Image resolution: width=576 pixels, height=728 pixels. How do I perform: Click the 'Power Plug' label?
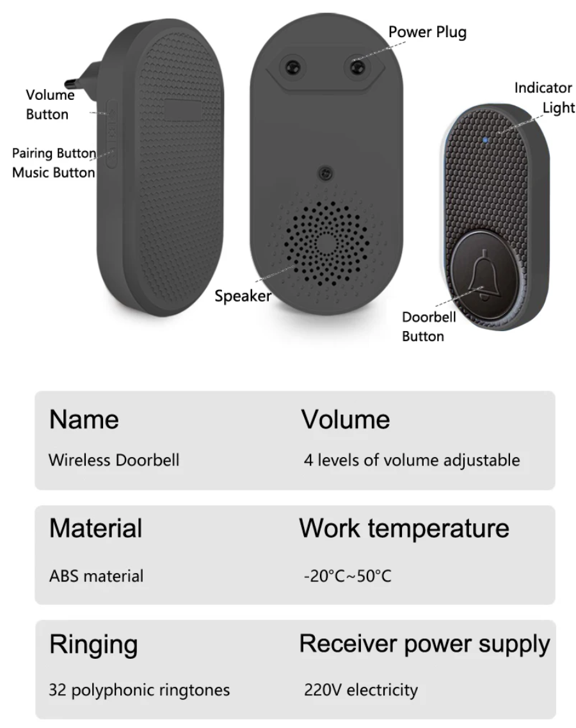[428, 32]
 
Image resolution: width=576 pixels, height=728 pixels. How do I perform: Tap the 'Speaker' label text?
[243, 296]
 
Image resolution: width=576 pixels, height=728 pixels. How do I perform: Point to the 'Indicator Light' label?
[544, 98]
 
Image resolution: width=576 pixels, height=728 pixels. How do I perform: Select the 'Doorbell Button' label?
[429, 326]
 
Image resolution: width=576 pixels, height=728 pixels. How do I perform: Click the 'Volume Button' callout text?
[49, 105]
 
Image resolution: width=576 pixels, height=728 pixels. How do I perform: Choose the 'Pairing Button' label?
[54, 154]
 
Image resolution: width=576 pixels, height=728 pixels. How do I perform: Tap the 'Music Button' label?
[54, 172]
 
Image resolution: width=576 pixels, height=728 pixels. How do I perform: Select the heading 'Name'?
[84, 419]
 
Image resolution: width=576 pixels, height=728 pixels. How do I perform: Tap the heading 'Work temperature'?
[404, 528]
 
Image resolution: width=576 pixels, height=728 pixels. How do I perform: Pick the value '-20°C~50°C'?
[348, 576]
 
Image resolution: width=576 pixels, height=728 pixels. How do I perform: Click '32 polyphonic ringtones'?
[140, 691]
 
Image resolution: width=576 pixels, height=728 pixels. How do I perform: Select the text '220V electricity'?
[361, 690]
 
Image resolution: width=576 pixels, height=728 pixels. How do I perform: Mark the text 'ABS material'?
[96, 576]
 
